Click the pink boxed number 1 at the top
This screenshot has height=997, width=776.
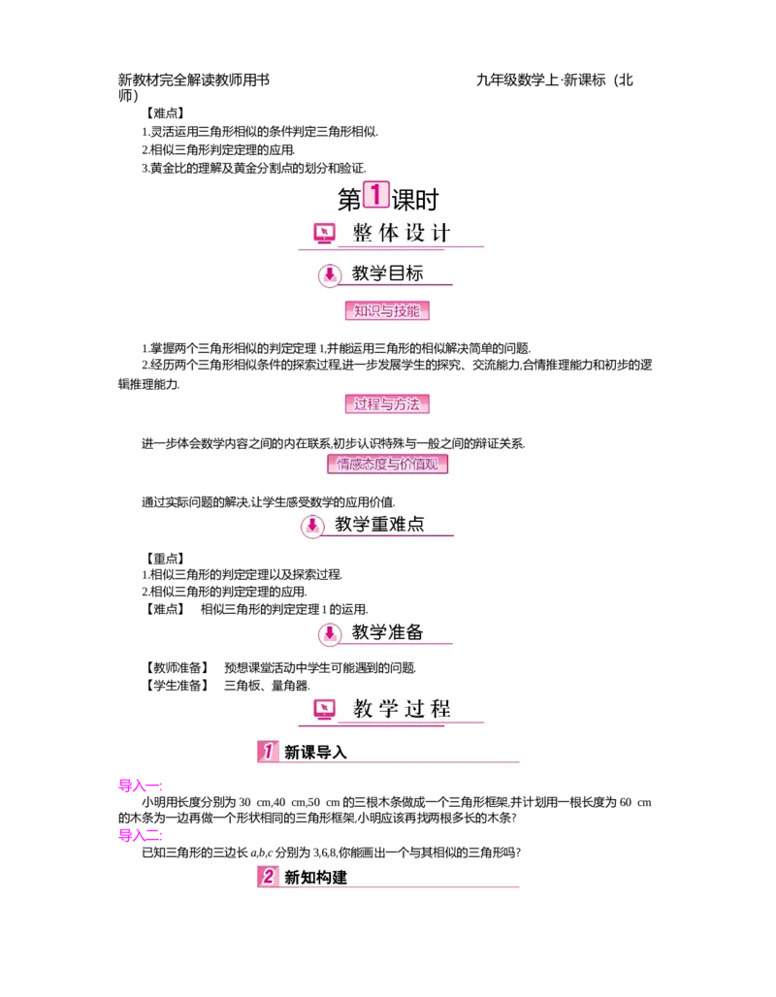pos(375,193)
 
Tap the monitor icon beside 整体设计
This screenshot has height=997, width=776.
pos(324,233)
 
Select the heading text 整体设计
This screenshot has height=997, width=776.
pos(402,233)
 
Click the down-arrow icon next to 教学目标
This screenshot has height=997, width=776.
pos(330,274)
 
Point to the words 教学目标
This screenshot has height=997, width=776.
pos(387,273)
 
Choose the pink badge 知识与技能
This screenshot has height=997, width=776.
pos(387,311)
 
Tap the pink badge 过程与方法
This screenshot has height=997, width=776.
pos(387,404)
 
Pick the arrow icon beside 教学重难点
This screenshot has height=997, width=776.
pos(312,525)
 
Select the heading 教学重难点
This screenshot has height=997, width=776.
pos(379,525)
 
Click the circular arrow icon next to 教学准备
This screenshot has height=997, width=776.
pos(330,633)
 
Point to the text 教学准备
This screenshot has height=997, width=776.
pos(387,632)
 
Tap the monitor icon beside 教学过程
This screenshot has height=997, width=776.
pos(324,709)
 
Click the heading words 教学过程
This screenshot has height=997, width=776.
pos(402,709)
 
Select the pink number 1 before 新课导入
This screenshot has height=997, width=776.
pos(269,751)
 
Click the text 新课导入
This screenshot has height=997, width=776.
pos(315,752)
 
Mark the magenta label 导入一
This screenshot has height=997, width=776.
pos(140,785)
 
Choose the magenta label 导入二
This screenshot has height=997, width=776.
pos(140,834)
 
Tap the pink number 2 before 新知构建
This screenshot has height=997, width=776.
pos(269,877)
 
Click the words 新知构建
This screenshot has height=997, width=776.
pos(315,878)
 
